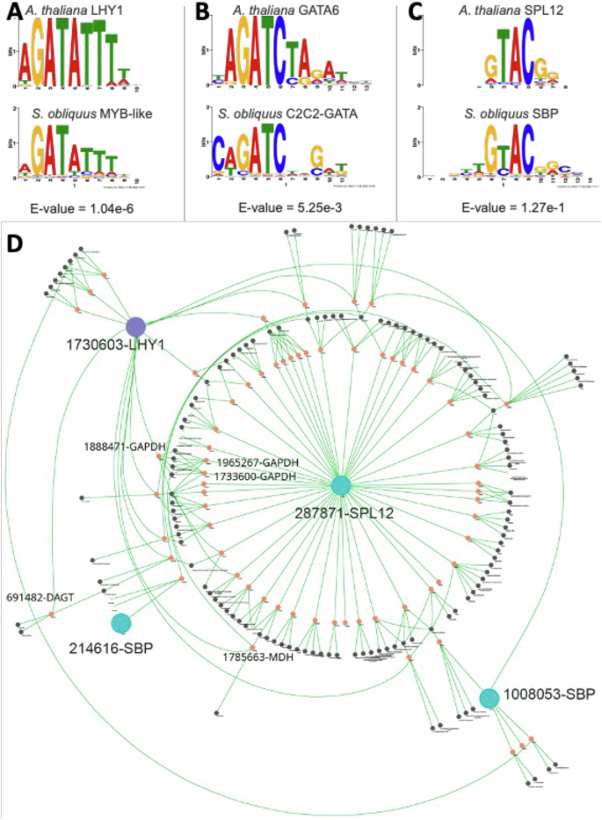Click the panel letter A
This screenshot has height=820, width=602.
coord(11,11)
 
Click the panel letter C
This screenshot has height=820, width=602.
coord(412,11)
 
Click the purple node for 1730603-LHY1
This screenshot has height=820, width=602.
coord(135,325)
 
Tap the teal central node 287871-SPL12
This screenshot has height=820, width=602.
coord(341,485)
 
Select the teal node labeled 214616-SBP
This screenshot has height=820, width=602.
coord(121,623)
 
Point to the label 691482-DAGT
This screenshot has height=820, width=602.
coord(40,597)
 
